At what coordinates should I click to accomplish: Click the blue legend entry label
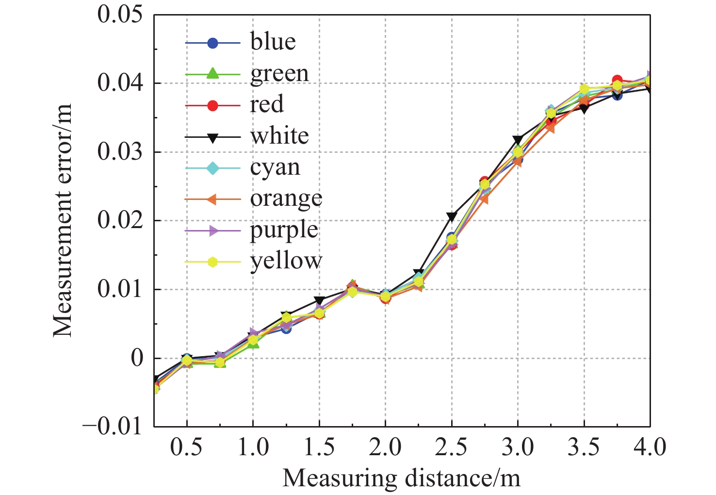[273, 42]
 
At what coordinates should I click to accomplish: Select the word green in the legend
[279, 74]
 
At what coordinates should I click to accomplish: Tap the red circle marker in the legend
[212, 105]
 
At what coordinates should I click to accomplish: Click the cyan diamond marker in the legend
[212, 168]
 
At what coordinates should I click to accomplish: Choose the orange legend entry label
[286, 198]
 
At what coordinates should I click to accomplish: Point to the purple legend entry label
[284, 230]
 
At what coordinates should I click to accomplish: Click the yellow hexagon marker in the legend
[212, 262]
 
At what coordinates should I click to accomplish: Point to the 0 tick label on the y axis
[137, 358]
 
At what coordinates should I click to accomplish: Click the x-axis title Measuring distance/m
[401, 478]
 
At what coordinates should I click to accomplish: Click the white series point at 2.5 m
[452, 216]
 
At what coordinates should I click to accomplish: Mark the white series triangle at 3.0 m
[518, 141]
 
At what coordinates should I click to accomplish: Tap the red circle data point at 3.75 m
[617, 80]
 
